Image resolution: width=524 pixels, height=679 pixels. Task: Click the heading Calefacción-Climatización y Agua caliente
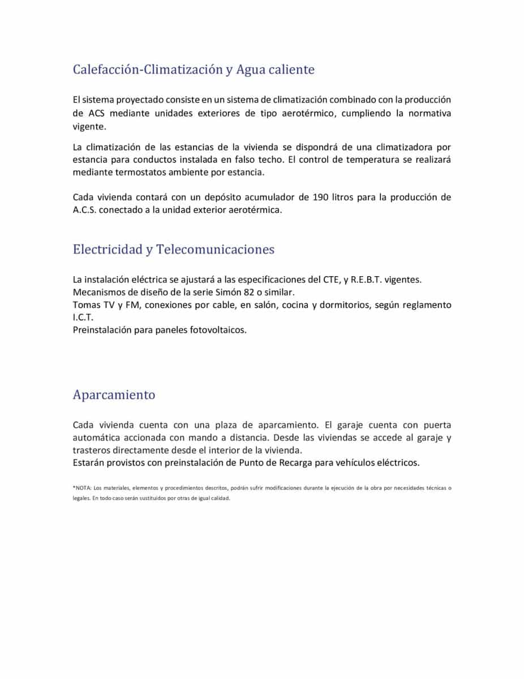click(194, 70)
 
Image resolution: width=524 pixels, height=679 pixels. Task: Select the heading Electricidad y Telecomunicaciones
click(173, 250)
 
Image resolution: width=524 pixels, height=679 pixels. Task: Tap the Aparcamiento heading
click(114, 395)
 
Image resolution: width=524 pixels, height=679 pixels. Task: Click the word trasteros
click(92, 450)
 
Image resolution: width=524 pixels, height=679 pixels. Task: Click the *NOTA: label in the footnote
click(82, 487)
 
